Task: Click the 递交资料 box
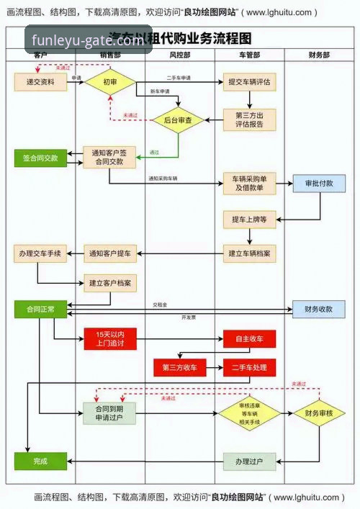coord(40,82)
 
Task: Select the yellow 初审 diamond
coord(110,82)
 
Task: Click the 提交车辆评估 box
coord(249,82)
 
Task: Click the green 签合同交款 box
coord(40,157)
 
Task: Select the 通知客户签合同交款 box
coord(109,157)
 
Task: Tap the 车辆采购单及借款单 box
coord(249,183)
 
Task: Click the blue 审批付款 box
coord(319,183)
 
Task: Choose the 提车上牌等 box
coord(249,219)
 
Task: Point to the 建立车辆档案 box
coord(249,253)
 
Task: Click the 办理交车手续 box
coord(40,253)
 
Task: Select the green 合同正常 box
coord(40,309)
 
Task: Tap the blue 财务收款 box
coord(319,309)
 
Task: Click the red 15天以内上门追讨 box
coord(109,338)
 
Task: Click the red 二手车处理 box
coord(249,367)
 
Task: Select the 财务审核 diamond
coord(319,413)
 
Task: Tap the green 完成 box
coord(40,461)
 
